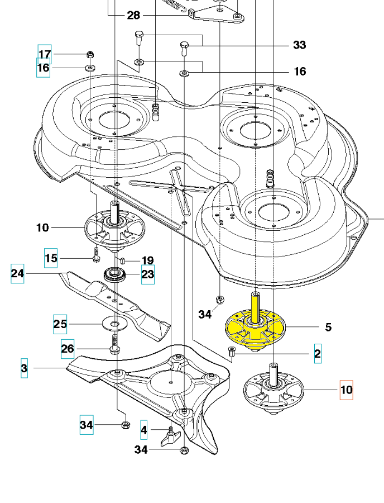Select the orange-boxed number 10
(346, 390)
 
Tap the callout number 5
(328, 327)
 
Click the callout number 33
(300, 45)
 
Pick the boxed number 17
(45, 54)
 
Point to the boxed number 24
(17, 273)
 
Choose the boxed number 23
(148, 274)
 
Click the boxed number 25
(60, 324)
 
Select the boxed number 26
(68, 349)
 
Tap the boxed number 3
(24, 368)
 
